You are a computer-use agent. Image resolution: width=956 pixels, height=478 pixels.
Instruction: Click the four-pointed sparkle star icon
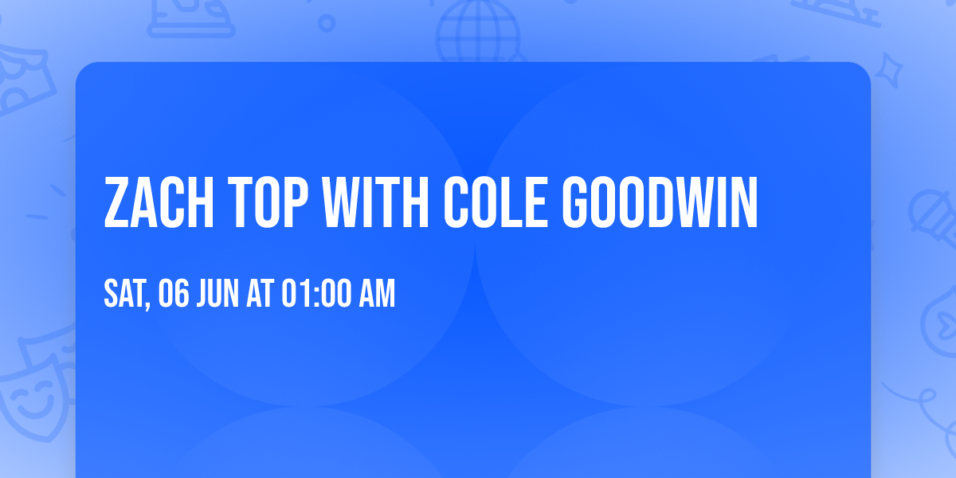(891, 69)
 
